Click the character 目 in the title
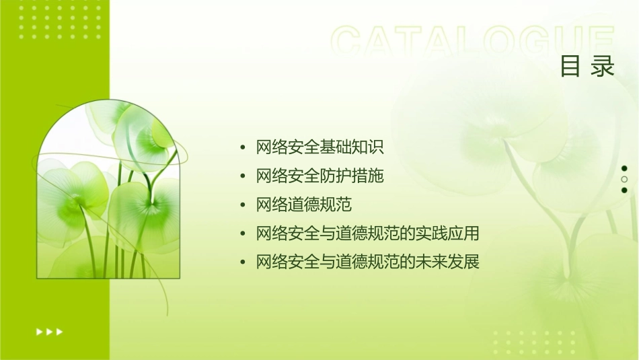(x=570, y=67)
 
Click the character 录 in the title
(x=603, y=67)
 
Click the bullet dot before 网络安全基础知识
(x=243, y=148)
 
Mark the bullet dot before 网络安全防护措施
(x=243, y=177)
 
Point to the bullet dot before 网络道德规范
(x=243, y=205)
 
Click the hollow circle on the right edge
(x=624, y=180)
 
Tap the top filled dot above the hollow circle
(x=624, y=168)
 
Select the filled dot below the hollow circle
(x=624, y=190)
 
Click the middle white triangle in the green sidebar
(x=49, y=331)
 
